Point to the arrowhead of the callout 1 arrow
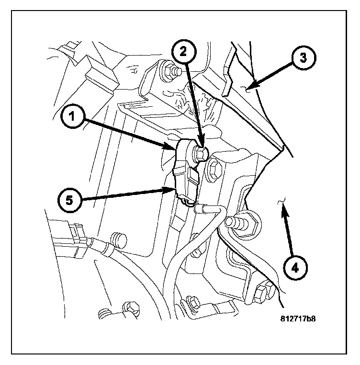175,147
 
